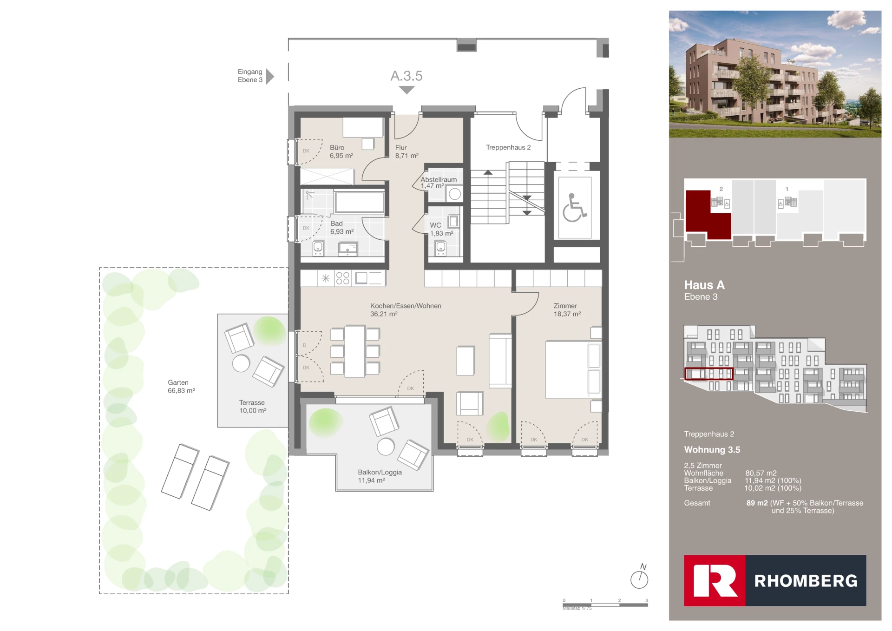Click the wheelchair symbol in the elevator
coord(574,208)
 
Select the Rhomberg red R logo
coord(715,580)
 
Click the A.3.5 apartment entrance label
coord(406,76)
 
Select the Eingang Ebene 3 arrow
coord(270,76)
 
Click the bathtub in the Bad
coord(359,202)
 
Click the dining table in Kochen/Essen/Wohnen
coord(354,351)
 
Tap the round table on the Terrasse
coord(241,363)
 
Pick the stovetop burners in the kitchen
coord(343,278)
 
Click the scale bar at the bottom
coord(605,604)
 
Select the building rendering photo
coord(774,74)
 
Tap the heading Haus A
coord(704,285)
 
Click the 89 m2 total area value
coord(757,503)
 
